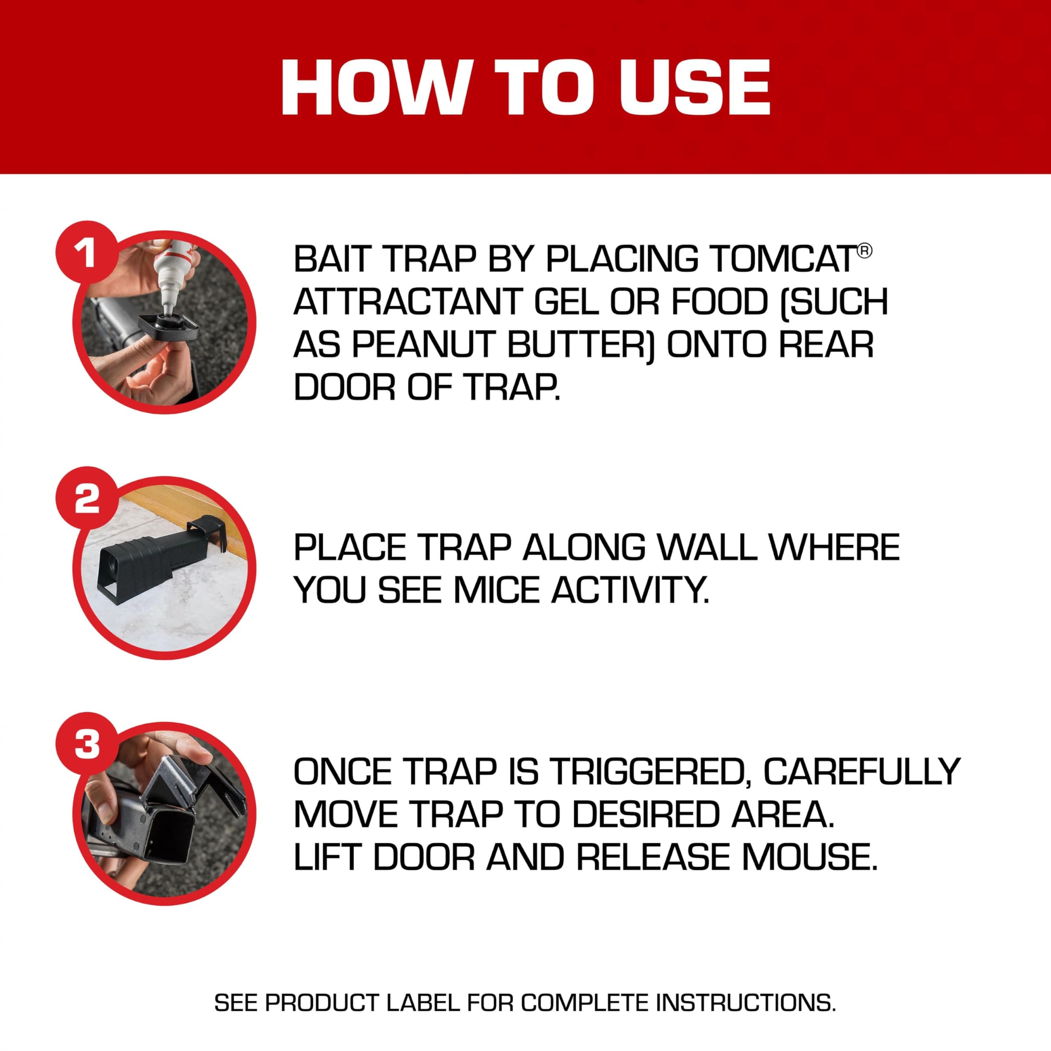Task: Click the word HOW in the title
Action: click(x=375, y=87)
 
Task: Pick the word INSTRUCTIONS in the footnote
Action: click(x=745, y=1003)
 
